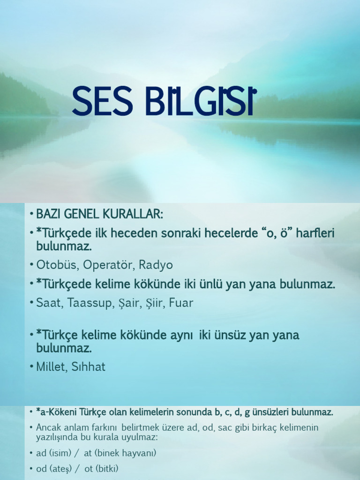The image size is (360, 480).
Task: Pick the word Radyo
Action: pyautogui.click(x=157, y=265)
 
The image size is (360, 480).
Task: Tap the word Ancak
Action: pyautogui.click(x=49, y=427)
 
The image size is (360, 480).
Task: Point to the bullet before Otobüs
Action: pyautogui.click(x=31, y=265)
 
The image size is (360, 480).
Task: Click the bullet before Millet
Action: pyautogui.click(x=31, y=367)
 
